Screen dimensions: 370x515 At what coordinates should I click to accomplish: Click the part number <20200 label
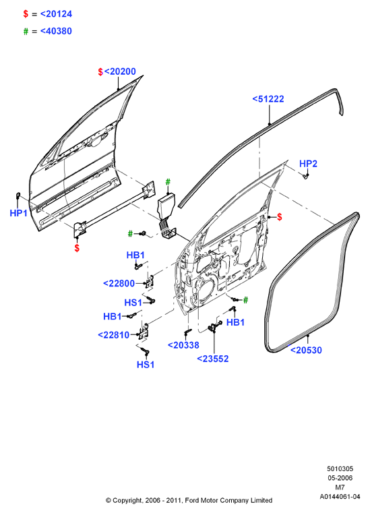point(120,71)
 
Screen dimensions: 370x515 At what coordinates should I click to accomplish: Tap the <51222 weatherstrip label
point(268,99)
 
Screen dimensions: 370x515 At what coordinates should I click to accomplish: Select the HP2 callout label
point(308,164)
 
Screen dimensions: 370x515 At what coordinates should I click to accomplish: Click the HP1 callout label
point(19,213)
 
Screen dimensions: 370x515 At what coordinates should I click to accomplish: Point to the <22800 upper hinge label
point(119,283)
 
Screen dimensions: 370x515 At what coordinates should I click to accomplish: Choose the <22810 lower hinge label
point(114,335)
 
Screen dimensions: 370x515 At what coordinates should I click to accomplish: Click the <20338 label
point(183,345)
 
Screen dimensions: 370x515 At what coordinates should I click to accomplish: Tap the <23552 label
point(213,359)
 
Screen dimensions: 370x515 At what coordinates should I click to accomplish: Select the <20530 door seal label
point(306,350)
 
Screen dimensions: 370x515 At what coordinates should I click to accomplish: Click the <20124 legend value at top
point(56,13)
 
